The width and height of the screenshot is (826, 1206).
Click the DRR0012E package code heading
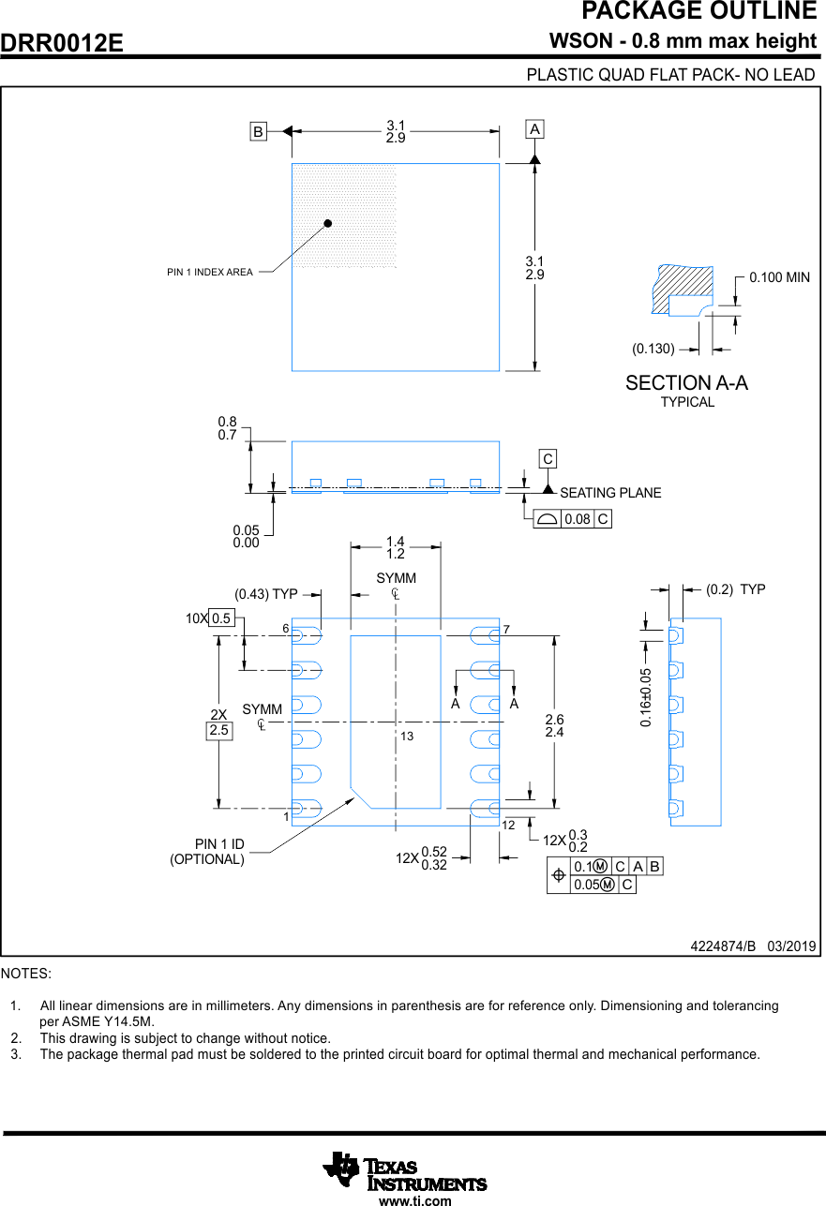(62, 43)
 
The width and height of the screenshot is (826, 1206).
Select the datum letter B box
(257, 131)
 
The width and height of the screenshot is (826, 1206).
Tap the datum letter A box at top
(534, 128)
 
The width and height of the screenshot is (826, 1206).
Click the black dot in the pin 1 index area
(328, 223)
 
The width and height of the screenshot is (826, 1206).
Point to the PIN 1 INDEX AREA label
(210, 272)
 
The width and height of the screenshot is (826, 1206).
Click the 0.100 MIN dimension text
(779, 277)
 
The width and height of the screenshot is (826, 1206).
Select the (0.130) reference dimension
(653, 349)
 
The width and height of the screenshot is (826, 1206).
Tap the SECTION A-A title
(686, 383)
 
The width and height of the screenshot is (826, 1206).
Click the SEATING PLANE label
(610, 493)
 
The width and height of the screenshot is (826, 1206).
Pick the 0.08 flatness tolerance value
(577, 519)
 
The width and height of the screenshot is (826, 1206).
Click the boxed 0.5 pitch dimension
(221, 618)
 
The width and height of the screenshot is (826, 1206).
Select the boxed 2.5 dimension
(218, 730)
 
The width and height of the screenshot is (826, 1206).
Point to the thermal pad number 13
(407, 737)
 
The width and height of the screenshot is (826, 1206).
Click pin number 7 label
(506, 629)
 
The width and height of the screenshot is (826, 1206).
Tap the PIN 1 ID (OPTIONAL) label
(207, 852)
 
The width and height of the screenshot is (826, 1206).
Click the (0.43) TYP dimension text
(265, 594)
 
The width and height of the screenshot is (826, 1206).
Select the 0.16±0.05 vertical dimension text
(646, 698)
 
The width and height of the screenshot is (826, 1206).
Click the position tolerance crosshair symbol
(559, 875)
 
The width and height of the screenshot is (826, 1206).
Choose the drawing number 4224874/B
(723, 946)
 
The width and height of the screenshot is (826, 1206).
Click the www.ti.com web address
(414, 1200)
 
